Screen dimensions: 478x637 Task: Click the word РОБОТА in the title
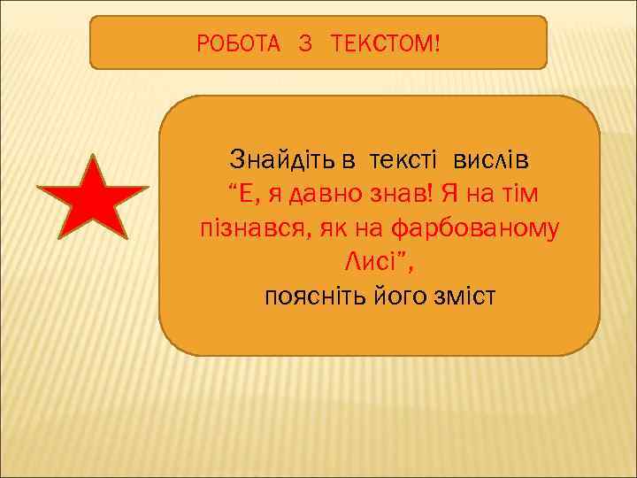point(236,42)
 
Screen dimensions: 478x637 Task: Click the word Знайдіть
point(283,160)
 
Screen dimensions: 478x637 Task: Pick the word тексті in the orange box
point(403,160)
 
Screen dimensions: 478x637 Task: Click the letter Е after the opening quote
point(249,194)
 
